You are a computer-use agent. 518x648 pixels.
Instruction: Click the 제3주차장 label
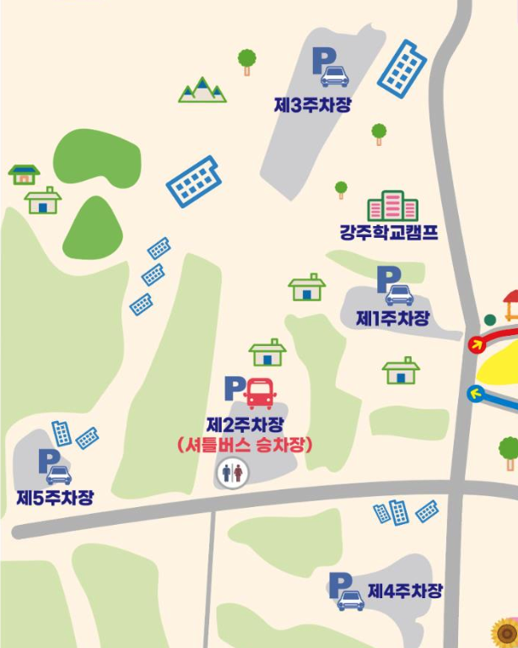(x=312, y=105)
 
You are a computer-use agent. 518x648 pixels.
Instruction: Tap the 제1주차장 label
(x=392, y=319)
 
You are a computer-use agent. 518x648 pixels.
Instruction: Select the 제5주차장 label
(x=55, y=497)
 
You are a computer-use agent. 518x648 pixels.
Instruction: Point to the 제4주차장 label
(x=405, y=591)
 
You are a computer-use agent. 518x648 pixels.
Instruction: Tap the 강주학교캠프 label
(x=389, y=233)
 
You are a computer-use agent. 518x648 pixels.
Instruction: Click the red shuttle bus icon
(x=260, y=392)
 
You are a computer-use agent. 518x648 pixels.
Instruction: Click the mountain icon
(x=202, y=90)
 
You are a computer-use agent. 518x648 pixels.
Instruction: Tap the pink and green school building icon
(x=392, y=206)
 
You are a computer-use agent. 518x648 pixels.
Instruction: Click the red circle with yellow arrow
(x=477, y=343)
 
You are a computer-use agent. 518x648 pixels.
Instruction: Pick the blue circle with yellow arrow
(x=477, y=392)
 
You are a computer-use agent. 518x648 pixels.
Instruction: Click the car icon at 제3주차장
(x=334, y=76)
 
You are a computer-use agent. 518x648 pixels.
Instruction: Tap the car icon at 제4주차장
(x=350, y=600)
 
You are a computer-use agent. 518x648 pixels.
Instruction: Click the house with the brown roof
(x=24, y=174)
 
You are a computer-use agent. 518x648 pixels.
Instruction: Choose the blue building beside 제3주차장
(x=402, y=67)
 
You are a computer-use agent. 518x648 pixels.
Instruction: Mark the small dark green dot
(x=490, y=320)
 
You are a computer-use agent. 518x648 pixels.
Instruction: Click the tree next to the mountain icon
(x=246, y=61)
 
